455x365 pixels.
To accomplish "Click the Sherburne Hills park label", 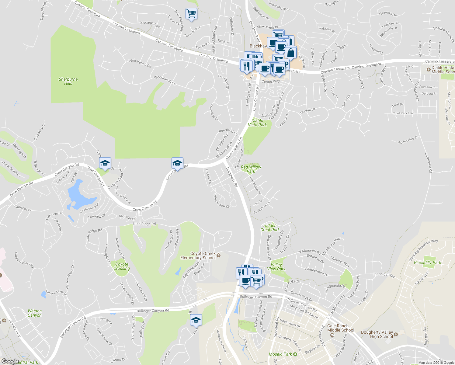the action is pyautogui.click(x=68, y=81).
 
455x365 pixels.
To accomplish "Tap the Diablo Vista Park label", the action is pyautogui.click(x=257, y=123).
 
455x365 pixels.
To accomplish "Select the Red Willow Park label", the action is pyautogui.click(x=251, y=169).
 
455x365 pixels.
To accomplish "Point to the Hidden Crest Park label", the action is pyautogui.click(x=270, y=228).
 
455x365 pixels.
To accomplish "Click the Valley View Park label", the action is pyautogui.click(x=276, y=267).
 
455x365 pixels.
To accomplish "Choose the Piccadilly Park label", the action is pyautogui.click(x=427, y=262).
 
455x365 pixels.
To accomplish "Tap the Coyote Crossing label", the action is pyautogui.click(x=122, y=266).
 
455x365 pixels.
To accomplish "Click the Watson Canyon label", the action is pyautogui.click(x=35, y=313).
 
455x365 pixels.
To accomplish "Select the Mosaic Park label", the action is pyautogui.click(x=280, y=354).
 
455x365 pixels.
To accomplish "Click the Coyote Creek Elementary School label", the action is pyautogui.click(x=198, y=255).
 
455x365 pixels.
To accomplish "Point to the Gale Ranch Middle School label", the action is pyautogui.click(x=341, y=328).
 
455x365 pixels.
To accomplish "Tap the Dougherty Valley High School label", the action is pyautogui.click(x=377, y=334).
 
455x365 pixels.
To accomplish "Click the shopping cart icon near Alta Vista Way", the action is pyautogui.click(x=191, y=14).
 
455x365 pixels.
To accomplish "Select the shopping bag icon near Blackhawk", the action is pyautogui.click(x=291, y=53).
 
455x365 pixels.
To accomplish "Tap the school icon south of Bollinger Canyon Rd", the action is pyautogui.click(x=196, y=320).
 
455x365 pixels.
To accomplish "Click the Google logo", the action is pyautogui.click(x=10, y=361).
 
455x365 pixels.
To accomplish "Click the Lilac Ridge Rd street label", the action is pyautogui.click(x=144, y=224).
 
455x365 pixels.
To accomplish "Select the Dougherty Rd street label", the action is pyautogui.click(x=231, y=177).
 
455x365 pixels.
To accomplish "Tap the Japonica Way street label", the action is pyautogui.click(x=384, y=275).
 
